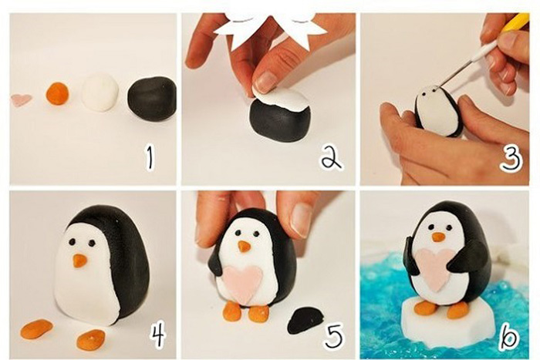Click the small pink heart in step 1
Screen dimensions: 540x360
[22, 99]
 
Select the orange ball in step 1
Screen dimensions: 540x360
[58, 93]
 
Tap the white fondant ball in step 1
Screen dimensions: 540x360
[100, 92]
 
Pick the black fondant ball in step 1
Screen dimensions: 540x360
[152, 98]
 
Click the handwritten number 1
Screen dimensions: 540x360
[150, 157]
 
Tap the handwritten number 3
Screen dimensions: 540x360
[511, 157]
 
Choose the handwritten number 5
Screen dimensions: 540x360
[334, 335]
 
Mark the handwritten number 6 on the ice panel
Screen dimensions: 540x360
[508, 335]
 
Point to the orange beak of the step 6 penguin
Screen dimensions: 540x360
[439, 237]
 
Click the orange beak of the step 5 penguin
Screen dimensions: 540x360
[245, 247]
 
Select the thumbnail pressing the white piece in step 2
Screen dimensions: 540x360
[265, 82]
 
